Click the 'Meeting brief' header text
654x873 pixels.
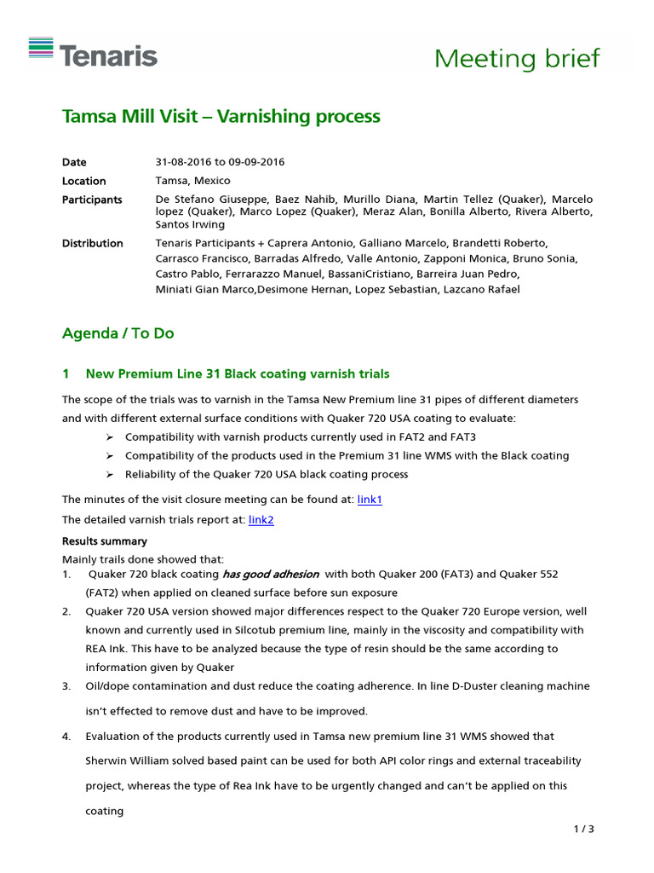coord(517,59)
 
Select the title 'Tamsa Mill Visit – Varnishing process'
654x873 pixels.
coord(221,116)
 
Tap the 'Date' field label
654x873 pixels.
coord(74,162)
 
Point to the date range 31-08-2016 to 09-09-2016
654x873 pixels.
coord(220,162)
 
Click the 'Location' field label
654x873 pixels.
coord(83,181)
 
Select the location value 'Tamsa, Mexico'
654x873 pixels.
coord(192,181)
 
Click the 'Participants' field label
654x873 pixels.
coord(92,199)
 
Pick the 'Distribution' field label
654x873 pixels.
coord(92,243)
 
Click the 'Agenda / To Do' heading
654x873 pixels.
coord(118,333)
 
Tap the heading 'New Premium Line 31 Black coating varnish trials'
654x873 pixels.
coord(238,373)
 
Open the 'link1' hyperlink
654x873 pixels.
coord(370,500)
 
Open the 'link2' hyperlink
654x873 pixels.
coord(261,519)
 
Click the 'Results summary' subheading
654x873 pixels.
coord(104,541)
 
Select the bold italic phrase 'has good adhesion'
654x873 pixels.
coord(270,575)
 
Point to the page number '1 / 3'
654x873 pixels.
coord(584,829)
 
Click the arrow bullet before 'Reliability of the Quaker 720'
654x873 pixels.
coord(110,474)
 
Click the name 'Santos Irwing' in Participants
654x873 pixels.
coord(190,224)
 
